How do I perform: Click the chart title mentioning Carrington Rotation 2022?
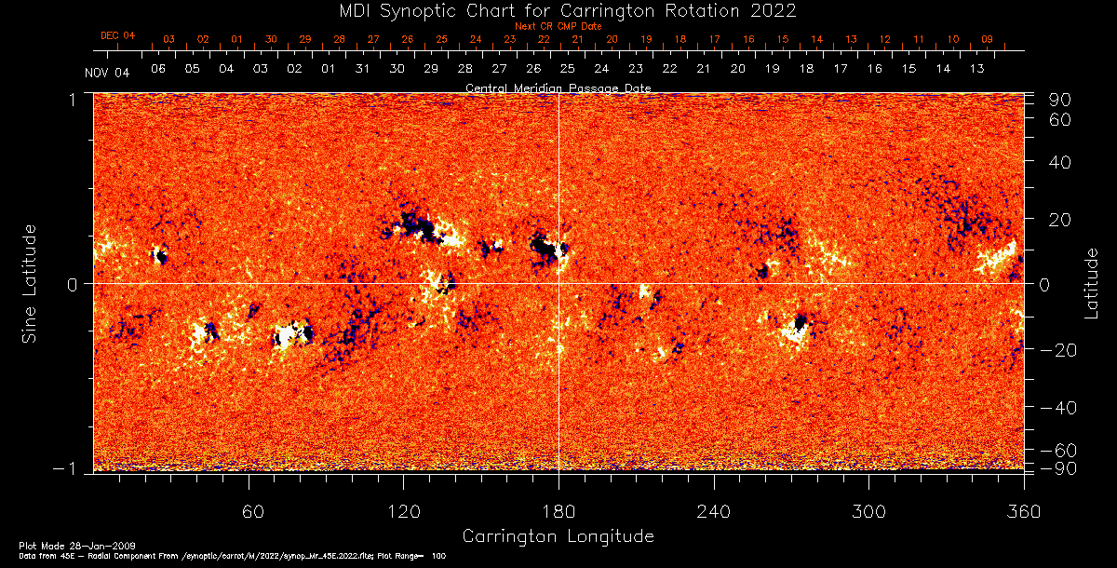[x=558, y=10]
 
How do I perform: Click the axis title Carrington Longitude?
[x=558, y=536]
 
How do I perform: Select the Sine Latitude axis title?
[x=31, y=282]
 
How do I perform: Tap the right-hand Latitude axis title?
[x=1091, y=283]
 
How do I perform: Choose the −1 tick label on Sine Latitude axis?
[x=70, y=468]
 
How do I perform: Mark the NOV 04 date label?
[x=107, y=73]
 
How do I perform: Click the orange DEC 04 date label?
[x=118, y=35]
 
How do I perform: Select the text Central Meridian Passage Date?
[x=558, y=88]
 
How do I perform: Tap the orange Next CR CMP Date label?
[x=558, y=26]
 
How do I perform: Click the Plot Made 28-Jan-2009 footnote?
[x=58, y=545]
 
